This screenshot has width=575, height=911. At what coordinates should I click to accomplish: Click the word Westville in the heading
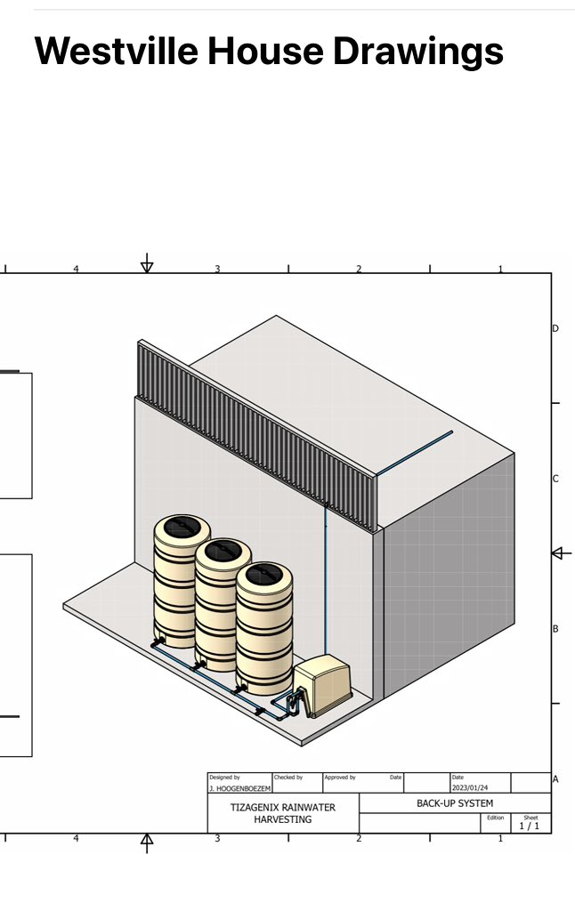point(117,51)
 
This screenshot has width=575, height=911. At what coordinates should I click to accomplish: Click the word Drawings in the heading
point(418,51)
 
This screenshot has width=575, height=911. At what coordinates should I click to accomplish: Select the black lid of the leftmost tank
point(182,527)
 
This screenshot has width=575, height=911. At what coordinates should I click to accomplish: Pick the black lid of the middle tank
point(223,551)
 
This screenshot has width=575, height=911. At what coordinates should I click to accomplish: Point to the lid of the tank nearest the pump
point(264,575)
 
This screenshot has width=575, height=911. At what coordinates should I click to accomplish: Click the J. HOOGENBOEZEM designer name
point(240,788)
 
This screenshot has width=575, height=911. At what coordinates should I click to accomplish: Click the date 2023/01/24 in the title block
point(470,788)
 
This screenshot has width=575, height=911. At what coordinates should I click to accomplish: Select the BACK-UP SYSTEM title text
point(455,803)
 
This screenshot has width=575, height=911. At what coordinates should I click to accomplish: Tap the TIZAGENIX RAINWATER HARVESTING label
point(282,813)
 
